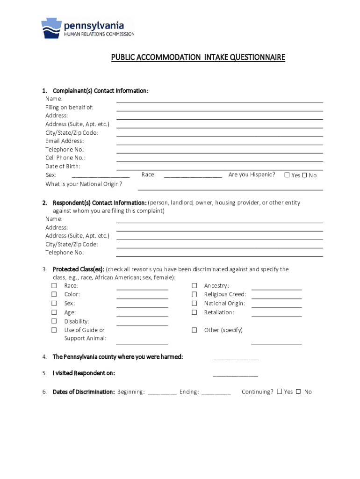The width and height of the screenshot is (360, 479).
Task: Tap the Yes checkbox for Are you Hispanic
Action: (287, 175)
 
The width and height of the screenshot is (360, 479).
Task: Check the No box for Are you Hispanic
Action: (304, 175)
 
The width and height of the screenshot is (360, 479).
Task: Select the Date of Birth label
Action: (63, 166)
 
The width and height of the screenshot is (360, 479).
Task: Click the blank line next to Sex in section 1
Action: (101, 177)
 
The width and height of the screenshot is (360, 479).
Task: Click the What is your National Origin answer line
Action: (230, 189)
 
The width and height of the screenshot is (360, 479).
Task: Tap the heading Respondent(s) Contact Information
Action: (100, 203)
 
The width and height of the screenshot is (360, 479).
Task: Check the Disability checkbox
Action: (54, 321)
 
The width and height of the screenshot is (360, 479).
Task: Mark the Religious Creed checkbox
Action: (194, 295)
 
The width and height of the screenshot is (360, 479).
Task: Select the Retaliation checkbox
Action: (194, 312)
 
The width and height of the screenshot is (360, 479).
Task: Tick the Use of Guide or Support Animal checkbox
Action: (54, 330)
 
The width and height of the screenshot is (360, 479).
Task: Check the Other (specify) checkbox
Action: (194, 330)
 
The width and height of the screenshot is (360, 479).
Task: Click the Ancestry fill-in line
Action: (276, 289)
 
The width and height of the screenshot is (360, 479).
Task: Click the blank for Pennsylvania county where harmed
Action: (235, 359)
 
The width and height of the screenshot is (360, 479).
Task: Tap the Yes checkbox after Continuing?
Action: (280, 392)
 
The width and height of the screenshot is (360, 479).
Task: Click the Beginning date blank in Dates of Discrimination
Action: (162, 394)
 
